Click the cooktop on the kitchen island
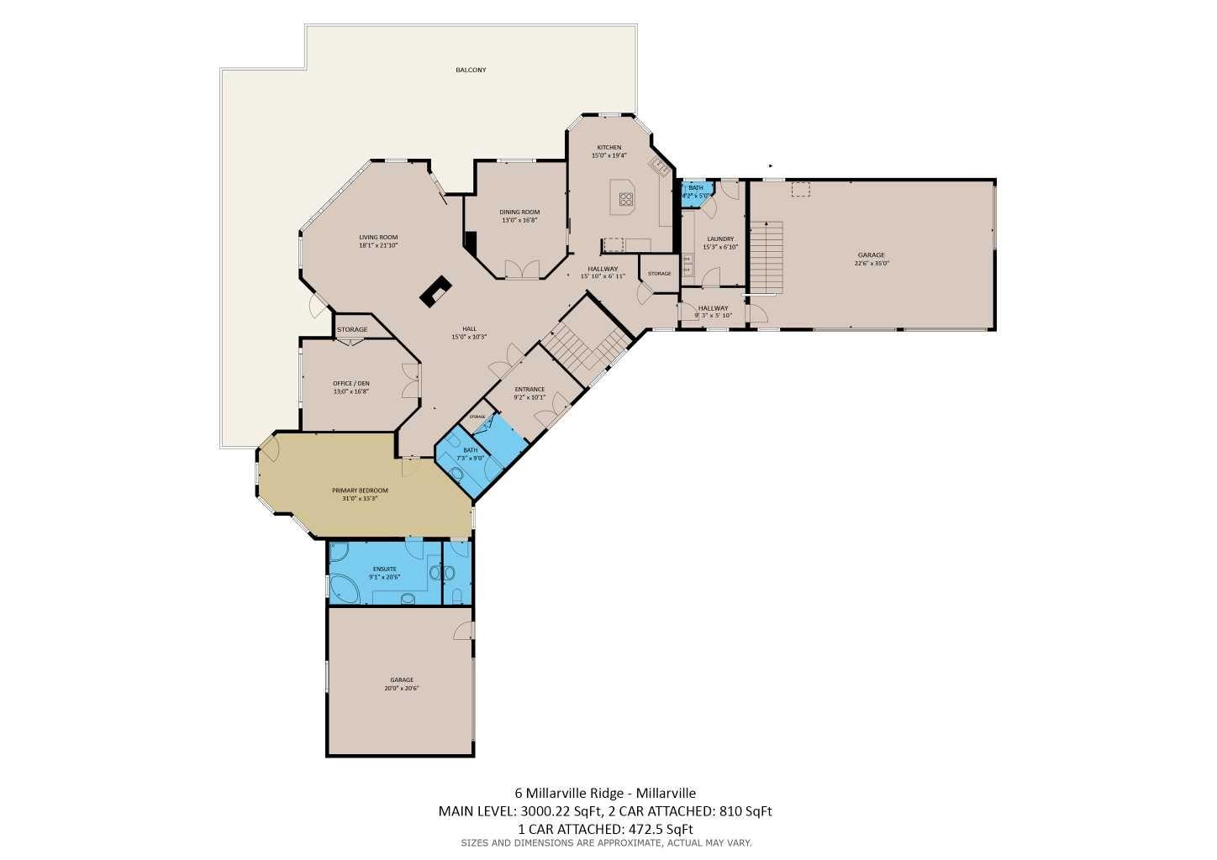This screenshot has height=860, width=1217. click(626, 199)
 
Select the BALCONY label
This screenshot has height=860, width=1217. click(471, 70)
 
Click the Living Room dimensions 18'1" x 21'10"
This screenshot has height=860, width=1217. click(378, 246)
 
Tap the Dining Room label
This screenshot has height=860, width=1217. click(519, 212)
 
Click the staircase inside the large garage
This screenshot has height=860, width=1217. click(767, 256)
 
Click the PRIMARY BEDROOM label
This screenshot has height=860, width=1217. click(360, 490)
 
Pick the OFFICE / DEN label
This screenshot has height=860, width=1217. click(350, 383)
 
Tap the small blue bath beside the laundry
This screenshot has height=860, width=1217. click(696, 191)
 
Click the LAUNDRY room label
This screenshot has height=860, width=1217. click(720, 239)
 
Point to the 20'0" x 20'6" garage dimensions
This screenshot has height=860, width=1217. click(401, 689)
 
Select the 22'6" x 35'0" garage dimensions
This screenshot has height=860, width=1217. click(871, 263)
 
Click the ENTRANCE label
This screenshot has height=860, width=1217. click(529, 389)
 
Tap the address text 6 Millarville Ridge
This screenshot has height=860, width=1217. click(569, 793)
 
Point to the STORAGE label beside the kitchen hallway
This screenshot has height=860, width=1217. click(659, 274)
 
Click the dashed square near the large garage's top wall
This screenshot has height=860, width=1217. click(800, 190)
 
